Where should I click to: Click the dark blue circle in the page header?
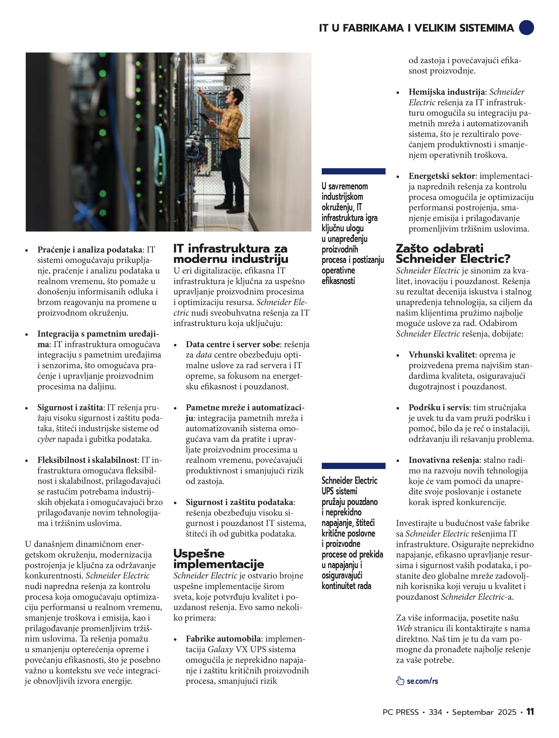click(x=527, y=27)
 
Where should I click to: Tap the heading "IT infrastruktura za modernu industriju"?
click(x=230, y=253)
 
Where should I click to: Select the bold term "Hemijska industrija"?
click(x=447, y=92)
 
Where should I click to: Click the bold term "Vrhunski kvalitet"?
click(x=442, y=355)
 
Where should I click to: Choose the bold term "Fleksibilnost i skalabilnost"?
click(x=87, y=460)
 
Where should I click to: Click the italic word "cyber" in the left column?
click(x=46, y=439)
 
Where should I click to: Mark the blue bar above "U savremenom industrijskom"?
click(x=353, y=171)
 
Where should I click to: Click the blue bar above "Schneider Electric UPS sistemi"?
click(x=353, y=466)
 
